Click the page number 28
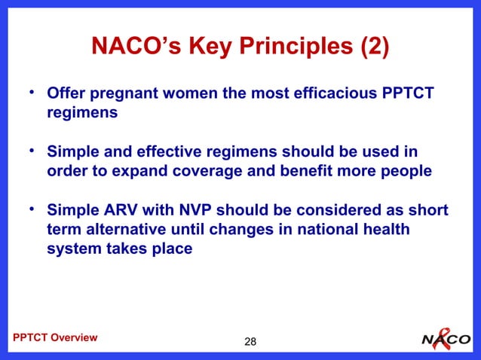point(250,343)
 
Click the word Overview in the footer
point(73,337)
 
